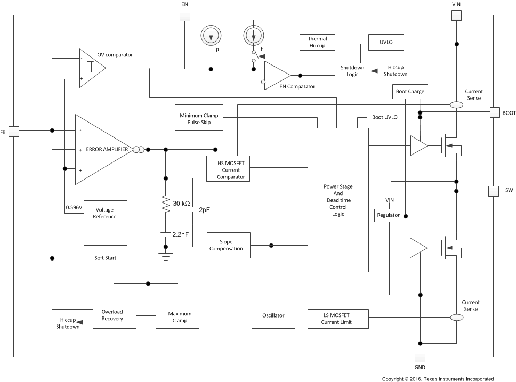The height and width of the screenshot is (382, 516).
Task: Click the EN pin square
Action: pos(185,15)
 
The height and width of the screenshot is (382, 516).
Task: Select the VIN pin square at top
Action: pos(456,15)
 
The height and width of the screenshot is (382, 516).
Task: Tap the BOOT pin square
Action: pos(495,112)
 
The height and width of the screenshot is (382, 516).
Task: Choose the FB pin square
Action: pos(14,131)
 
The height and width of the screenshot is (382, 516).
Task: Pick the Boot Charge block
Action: pos(410,92)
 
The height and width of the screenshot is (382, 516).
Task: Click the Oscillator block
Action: pos(273,315)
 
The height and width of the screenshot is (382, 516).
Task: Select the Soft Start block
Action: pos(106,258)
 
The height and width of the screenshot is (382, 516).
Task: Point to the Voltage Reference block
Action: pos(106,213)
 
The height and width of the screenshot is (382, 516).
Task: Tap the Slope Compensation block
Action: pos(229,245)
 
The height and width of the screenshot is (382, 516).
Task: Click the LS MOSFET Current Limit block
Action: pos(337,319)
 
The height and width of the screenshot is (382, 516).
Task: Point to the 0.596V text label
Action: pos(74,207)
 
